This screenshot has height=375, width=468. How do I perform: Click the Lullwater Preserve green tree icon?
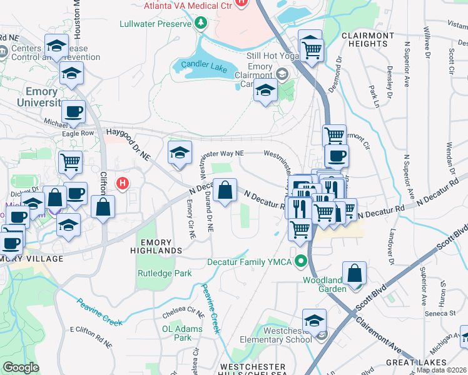(201, 24)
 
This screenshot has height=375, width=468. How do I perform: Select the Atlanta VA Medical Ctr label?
(188, 6)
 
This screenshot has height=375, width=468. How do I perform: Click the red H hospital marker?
(123, 183)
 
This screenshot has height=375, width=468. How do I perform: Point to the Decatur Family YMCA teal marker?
(302, 261)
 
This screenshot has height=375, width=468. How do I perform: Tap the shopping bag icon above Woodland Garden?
(354, 274)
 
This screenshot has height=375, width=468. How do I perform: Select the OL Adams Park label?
(182, 332)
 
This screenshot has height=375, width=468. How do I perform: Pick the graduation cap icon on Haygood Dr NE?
(180, 153)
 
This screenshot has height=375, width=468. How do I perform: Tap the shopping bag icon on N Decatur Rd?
(225, 189)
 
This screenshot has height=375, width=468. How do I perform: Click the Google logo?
(21, 367)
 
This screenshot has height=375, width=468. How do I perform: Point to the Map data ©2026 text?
(442, 370)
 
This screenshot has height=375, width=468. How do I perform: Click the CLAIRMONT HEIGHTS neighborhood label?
(368, 41)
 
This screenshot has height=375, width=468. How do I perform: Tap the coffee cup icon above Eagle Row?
(73, 112)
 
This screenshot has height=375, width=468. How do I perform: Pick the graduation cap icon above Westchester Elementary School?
(314, 321)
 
